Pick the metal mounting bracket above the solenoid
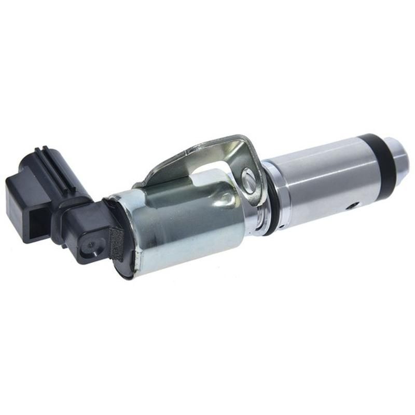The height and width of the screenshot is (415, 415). point(208,156)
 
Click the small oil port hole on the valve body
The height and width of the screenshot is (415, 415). point(353,205)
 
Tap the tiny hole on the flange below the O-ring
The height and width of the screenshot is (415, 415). point(281,227)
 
